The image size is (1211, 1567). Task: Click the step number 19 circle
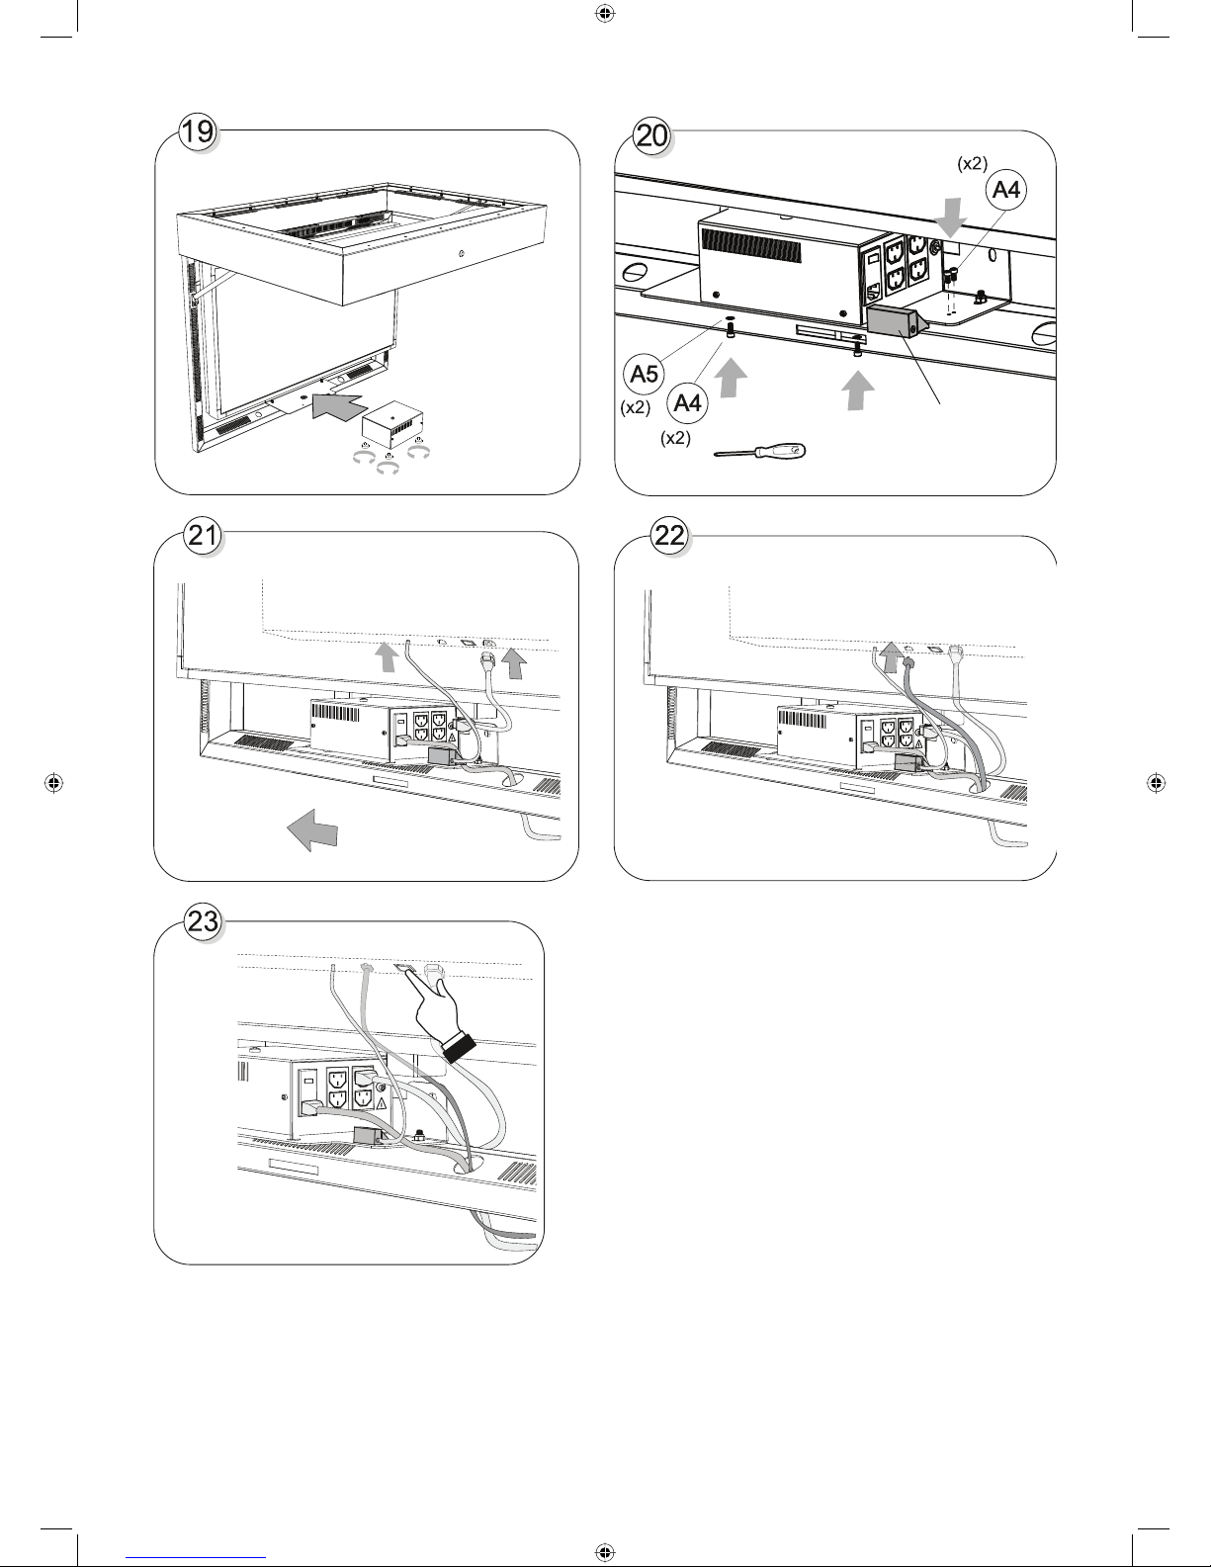click(198, 131)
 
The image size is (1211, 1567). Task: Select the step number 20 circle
click(652, 134)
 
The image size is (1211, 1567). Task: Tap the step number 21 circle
click(203, 536)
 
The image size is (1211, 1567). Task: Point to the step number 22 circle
click(669, 536)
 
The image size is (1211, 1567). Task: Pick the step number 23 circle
click(203, 921)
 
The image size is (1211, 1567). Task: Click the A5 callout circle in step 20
click(644, 374)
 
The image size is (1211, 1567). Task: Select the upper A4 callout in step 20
click(1006, 190)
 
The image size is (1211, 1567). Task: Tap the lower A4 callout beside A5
click(687, 402)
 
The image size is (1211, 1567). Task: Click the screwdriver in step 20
click(760, 452)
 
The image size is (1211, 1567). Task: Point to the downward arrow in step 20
click(952, 218)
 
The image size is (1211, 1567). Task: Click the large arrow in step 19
click(340, 407)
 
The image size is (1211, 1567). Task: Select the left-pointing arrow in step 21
click(312, 829)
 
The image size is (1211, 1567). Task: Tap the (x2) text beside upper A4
click(972, 164)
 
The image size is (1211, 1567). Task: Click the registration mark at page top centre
click(605, 13)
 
